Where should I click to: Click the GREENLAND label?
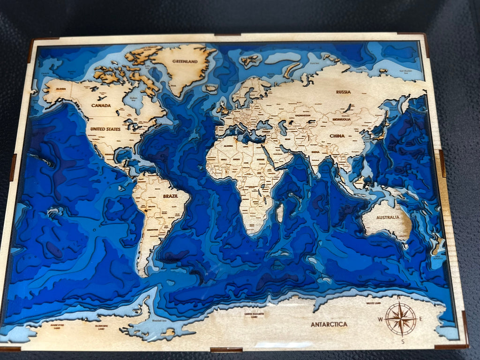click(185, 61)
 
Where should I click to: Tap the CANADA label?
click(101, 105)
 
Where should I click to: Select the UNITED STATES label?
click(105, 129)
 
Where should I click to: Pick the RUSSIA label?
click(343, 92)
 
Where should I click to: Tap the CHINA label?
click(337, 136)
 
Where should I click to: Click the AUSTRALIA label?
click(388, 217)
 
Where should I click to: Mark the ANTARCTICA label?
click(329, 324)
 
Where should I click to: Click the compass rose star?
click(401, 319)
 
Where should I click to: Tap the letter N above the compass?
click(399, 297)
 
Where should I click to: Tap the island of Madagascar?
click(280, 213)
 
